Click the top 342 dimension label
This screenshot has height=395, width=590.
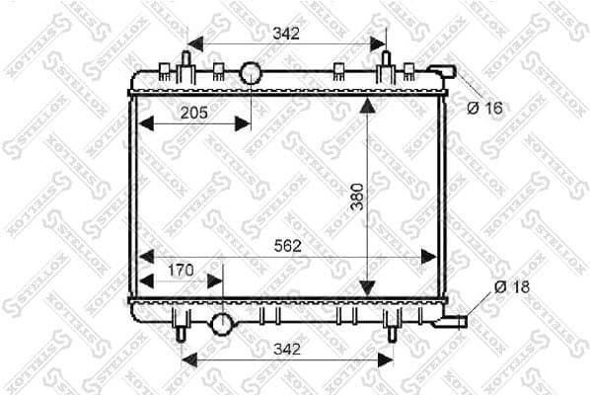(285, 34)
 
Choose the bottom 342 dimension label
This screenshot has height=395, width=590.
(287, 349)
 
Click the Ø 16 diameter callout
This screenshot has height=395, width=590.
(485, 108)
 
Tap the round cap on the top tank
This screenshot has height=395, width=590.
(251, 72)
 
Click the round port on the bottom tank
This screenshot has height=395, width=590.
(222, 323)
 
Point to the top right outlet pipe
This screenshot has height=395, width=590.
(443, 71)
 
